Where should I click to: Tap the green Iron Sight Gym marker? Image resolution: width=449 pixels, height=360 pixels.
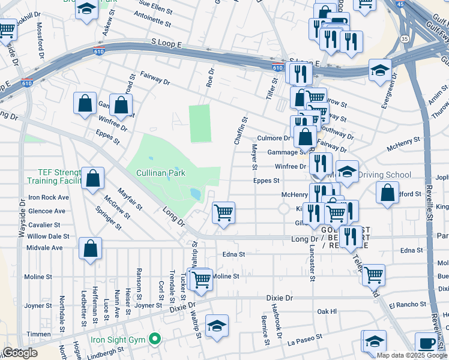point(155,340)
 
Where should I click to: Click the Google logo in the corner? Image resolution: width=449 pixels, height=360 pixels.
point(20,353)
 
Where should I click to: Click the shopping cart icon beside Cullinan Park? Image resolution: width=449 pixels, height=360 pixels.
point(223,212)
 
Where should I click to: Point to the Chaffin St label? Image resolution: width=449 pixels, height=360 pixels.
point(240,131)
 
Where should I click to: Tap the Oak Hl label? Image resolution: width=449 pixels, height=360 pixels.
point(327,311)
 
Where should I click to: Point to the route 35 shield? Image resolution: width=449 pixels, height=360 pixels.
point(405,39)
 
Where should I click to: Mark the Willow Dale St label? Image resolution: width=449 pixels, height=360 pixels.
point(49,236)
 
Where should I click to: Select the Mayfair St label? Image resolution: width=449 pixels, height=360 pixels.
point(130,199)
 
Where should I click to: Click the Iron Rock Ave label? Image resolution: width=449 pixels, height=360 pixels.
point(49,197)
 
